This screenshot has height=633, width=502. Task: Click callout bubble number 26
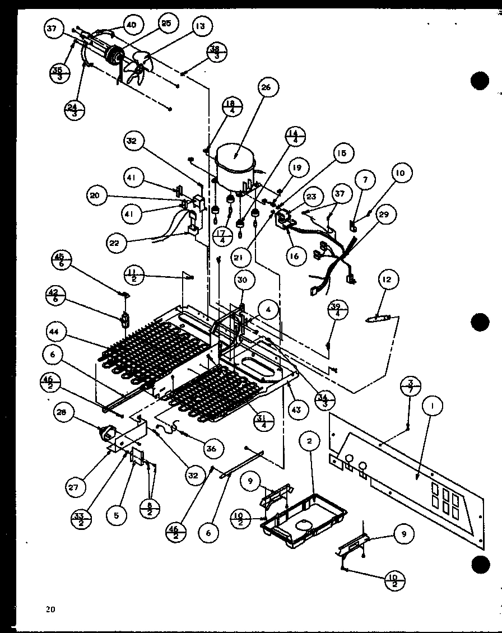click(266, 87)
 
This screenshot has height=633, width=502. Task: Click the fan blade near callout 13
click(138, 66)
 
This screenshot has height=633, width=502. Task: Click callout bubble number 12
click(388, 279)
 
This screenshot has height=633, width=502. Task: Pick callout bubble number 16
click(295, 256)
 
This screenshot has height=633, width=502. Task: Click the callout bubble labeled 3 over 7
click(411, 386)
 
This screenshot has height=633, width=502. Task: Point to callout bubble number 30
click(245, 280)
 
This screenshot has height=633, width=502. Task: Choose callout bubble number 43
click(296, 410)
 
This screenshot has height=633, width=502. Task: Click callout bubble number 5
click(117, 515)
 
